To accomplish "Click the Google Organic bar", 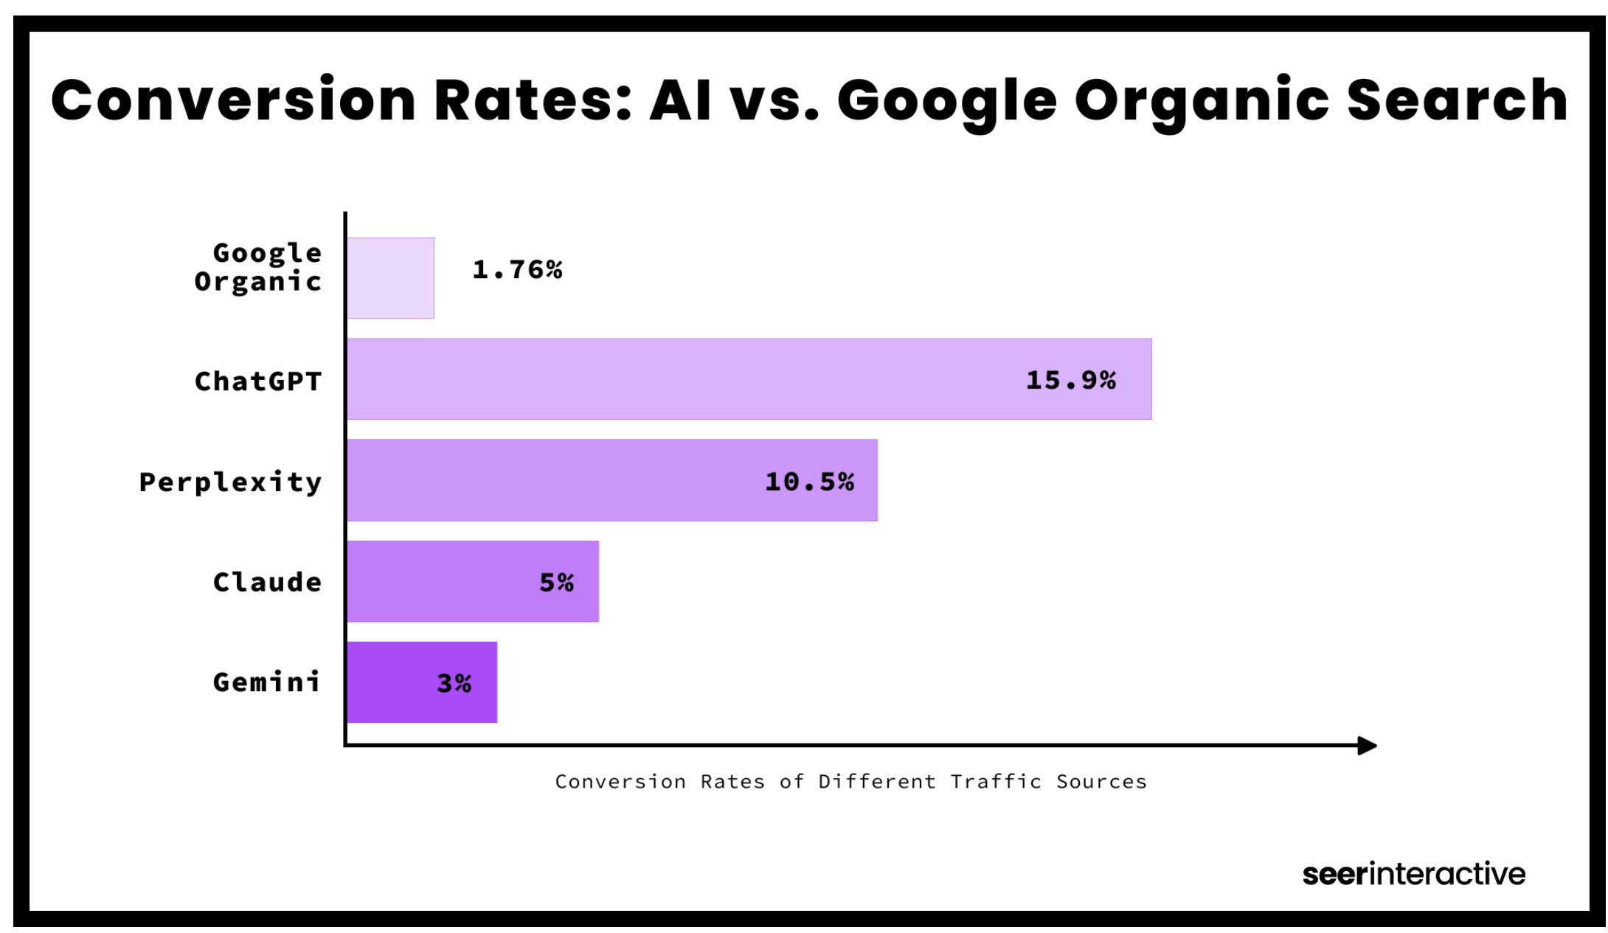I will point(390,278).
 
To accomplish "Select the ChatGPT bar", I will point(749,379).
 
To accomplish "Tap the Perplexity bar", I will point(611,480).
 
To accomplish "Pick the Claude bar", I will point(472,581).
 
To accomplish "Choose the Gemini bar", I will point(421,682).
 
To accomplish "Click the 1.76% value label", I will point(517,270).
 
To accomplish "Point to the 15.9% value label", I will point(1071,381).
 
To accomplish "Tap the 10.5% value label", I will point(810,482).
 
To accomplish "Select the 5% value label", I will point(557,583).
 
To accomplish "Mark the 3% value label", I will point(454,684).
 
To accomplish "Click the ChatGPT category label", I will point(258,381).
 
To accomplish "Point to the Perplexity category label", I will point(231,482).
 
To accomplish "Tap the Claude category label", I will point(267,583).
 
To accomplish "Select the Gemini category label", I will point(267,682).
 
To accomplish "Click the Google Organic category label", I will point(258,267).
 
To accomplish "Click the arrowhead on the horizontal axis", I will point(1367,746).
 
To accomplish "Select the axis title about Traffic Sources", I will point(850,782).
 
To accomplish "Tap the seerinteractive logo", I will point(1413,874).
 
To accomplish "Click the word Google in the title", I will point(947,102).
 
